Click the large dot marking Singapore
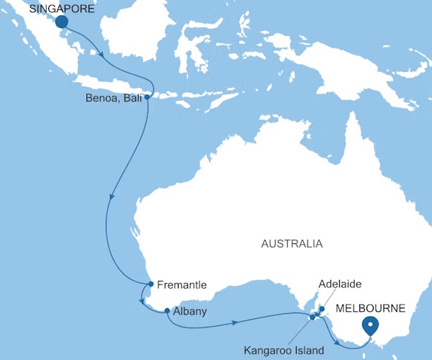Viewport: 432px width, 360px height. coord(61,22)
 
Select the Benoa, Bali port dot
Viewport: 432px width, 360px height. coord(147,96)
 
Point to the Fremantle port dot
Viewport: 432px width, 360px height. coord(150,284)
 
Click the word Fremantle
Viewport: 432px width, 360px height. coord(181,284)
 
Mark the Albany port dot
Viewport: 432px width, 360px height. coord(167,311)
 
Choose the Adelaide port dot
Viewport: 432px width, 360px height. coord(322,310)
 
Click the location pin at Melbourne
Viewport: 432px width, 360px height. coord(370,325)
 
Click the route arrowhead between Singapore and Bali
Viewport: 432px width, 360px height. coord(106,55)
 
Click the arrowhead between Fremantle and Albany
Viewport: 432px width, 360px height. coord(142,302)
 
